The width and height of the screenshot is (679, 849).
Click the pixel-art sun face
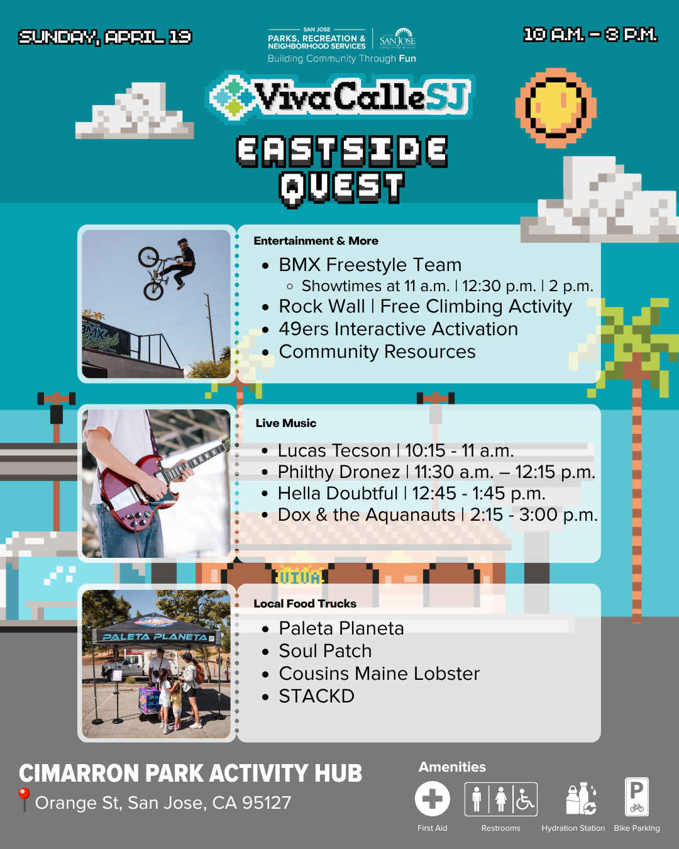[556, 108]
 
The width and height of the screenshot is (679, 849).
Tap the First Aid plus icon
[432, 799]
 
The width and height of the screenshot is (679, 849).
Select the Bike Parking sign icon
[637, 797]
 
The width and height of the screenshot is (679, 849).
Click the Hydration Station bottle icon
[581, 799]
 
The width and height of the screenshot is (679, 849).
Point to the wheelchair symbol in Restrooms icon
[525, 799]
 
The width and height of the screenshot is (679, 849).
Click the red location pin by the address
[24, 799]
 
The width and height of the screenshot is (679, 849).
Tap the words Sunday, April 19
[106, 37]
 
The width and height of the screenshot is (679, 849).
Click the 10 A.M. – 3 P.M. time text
[590, 35]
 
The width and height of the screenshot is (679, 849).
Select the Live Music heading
[285, 423]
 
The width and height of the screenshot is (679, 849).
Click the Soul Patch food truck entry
[325, 650]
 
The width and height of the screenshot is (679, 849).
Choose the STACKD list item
[316, 696]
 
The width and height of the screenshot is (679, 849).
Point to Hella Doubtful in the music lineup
[338, 493]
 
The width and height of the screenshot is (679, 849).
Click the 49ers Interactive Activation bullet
[398, 329]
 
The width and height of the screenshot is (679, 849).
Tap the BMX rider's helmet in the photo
[182, 241]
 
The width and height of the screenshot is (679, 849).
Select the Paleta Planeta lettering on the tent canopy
[155, 636]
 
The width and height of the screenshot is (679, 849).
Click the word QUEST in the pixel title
[342, 188]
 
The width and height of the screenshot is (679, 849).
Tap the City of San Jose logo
[397, 38]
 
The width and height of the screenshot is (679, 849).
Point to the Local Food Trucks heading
[304, 604]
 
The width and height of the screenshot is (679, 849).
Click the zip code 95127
[267, 802]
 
